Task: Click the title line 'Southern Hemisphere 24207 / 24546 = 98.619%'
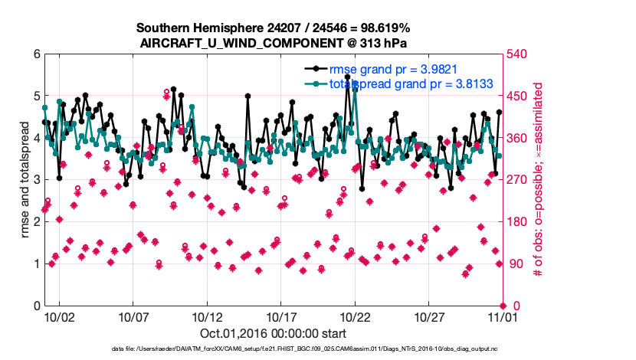(x=272, y=28)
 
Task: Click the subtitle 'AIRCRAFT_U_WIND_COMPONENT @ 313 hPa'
(x=272, y=43)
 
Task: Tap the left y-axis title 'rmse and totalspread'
(x=25, y=179)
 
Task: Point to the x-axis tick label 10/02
(x=59, y=316)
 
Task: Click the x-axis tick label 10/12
(x=207, y=316)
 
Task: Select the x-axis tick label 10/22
(x=355, y=316)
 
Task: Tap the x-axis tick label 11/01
(x=502, y=316)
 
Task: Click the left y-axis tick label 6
(x=36, y=54)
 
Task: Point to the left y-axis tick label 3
(x=36, y=180)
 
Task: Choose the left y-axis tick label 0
(x=36, y=306)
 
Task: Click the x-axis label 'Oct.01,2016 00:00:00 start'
(x=272, y=333)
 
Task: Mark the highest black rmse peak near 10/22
(x=348, y=77)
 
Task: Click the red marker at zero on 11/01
(x=502, y=306)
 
